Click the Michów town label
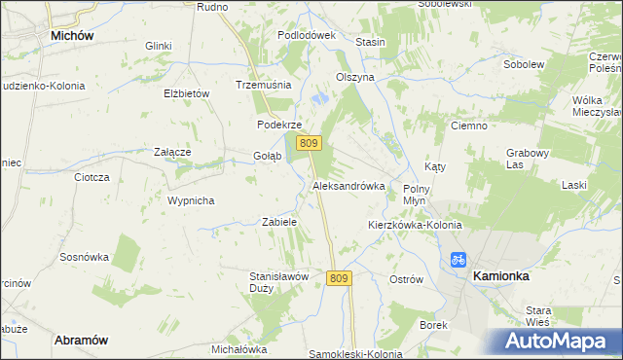[x=71, y=35]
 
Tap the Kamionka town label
[x=500, y=276]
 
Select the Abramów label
[x=80, y=340]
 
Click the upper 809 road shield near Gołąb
[x=309, y=143]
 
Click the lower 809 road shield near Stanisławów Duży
[x=338, y=278]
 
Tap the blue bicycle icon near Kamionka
[x=458, y=260]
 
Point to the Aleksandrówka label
[x=348, y=185]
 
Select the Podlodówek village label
[x=306, y=35]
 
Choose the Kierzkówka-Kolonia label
[x=415, y=225]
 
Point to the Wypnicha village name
[x=191, y=200]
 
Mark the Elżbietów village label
[x=188, y=93]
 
